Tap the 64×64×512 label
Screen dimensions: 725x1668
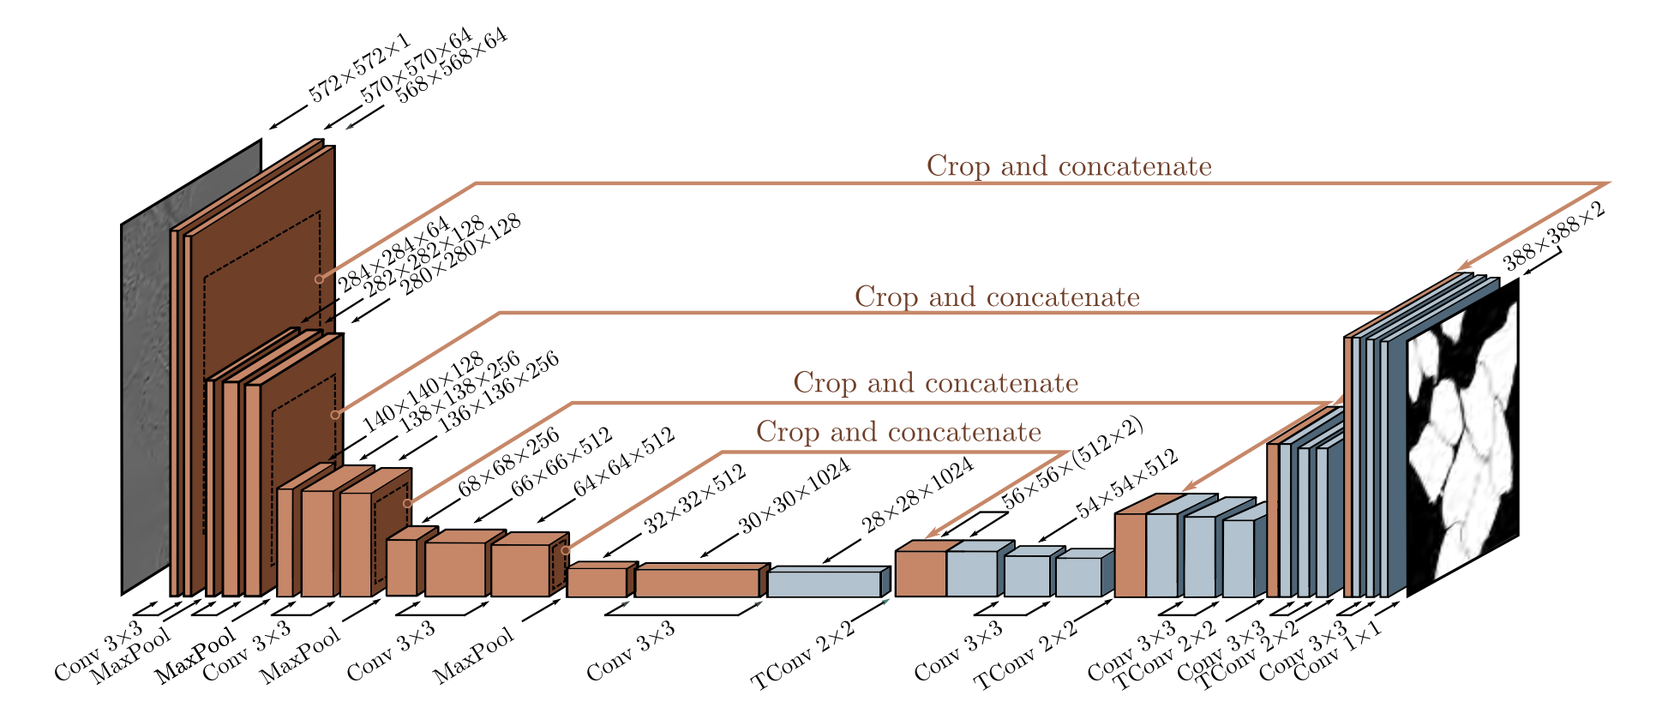pos(624,463)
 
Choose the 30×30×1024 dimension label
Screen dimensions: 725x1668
pos(794,496)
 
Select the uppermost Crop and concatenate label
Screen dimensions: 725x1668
pos(1069,166)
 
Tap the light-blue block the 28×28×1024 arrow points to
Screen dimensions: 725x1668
pos(824,583)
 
